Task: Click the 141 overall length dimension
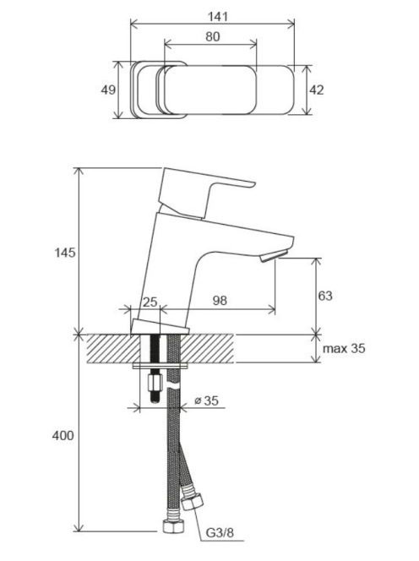(x=218, y=16)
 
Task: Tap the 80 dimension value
(x=213, y=36)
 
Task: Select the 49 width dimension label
(x=108, y=90)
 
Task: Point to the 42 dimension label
(x=316, y=90)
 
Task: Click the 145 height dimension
(x=65, y=253)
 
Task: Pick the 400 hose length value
(x=63, y=435)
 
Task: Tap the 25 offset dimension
(x=150, y=302)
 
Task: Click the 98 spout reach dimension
(x=220, y=301)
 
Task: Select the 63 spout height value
(x=325, y=296)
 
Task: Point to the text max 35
(x=344, y=348)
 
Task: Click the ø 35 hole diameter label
(x=206, y=400)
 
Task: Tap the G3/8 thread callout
(x=220, y=533)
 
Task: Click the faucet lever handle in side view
(x=207, y=193)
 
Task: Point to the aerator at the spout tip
(x=274, y=256)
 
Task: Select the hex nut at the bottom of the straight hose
(x=173, y=526)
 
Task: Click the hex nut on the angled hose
(x=193, y=502)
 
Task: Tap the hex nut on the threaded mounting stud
(x=155, y=384)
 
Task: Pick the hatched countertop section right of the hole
(x=208, y=348)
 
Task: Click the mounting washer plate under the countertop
(x=161, y=366)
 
